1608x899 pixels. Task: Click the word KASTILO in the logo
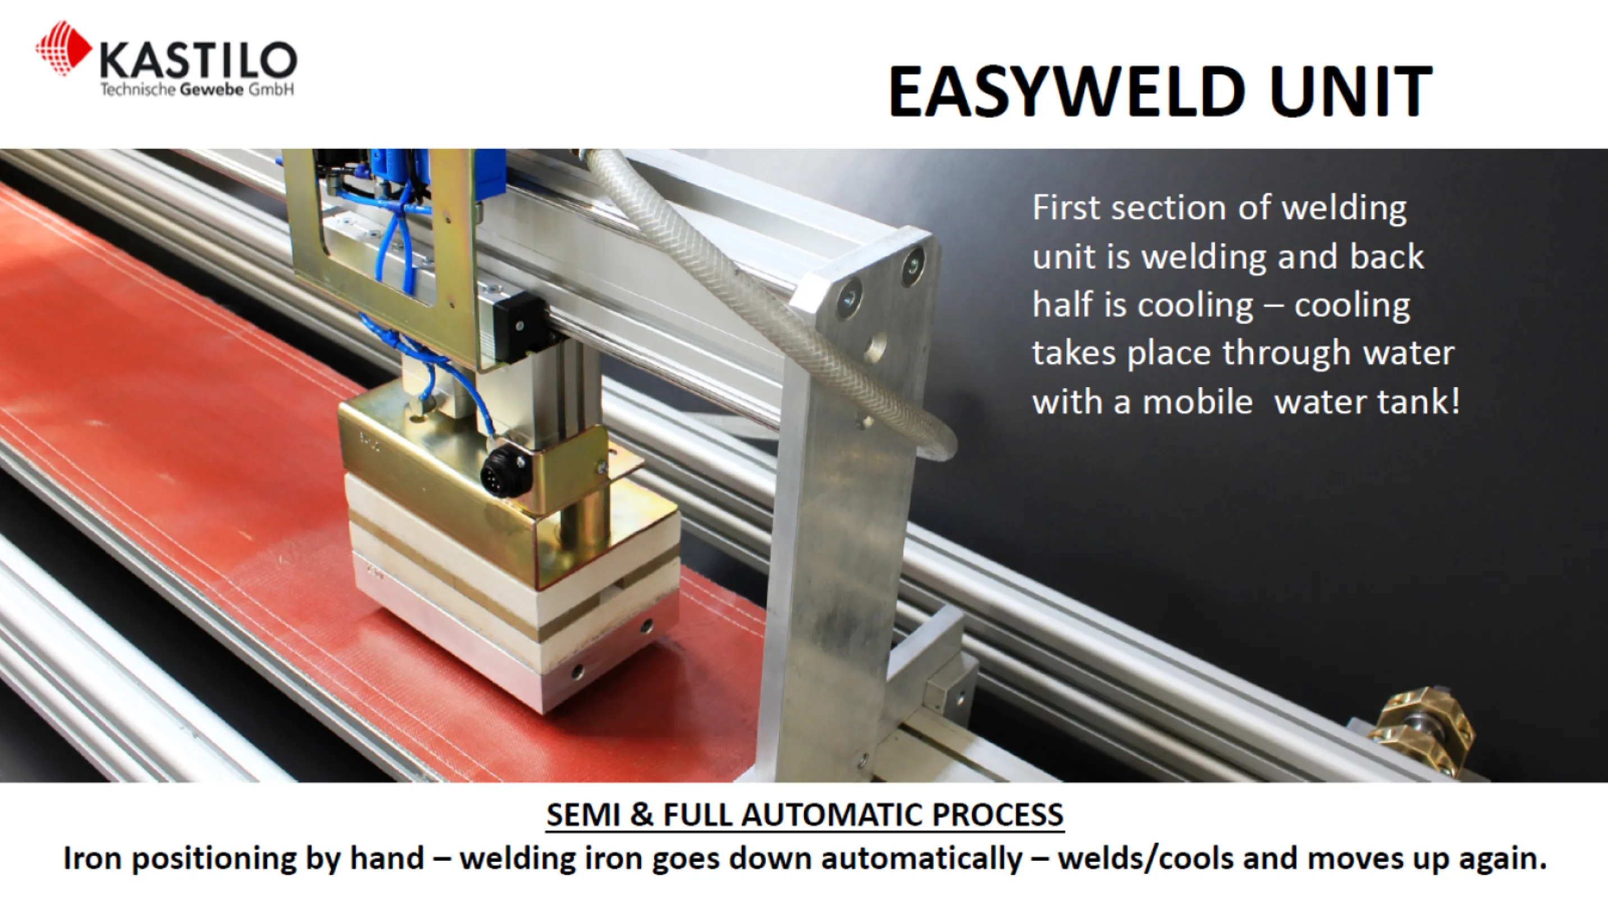coord(198,61)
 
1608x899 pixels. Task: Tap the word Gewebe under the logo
coord(211,90)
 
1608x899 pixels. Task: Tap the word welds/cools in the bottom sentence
coord(1145,859)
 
